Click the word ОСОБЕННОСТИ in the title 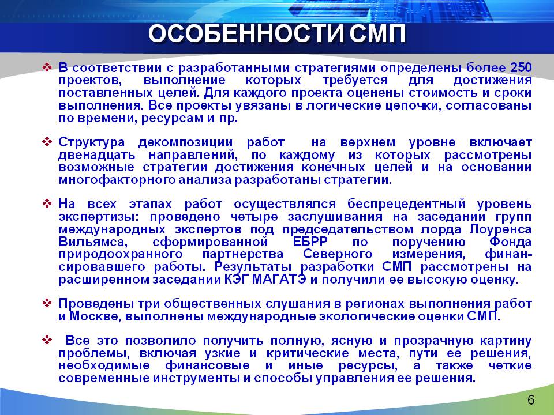246,34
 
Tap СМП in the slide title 377,34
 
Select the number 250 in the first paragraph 521,67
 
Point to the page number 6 531,400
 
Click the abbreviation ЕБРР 310,242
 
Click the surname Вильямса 92,242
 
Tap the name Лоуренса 500,229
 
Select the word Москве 95,316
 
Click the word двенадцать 97,155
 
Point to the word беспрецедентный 406,204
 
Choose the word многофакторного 117,180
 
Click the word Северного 338,254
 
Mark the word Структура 92,142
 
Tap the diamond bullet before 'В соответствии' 47,67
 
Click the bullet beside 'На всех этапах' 47,203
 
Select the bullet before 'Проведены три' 47,303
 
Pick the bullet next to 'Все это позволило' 47,340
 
